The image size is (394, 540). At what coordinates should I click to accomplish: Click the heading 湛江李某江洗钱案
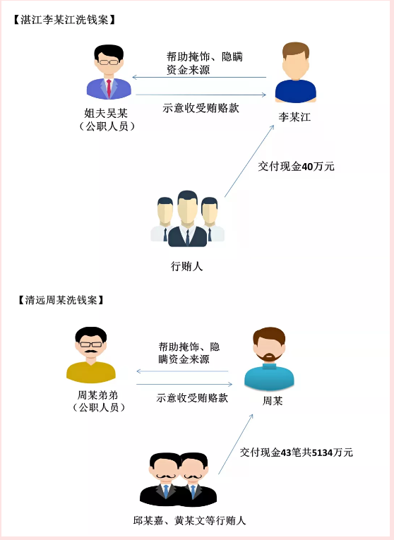tap(64, 20)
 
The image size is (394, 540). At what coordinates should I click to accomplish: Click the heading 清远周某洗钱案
tap(61, 300)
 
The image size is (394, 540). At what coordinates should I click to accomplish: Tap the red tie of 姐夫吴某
tap(109, 88)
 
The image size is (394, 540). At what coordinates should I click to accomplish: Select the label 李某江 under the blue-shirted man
tap(294, 117)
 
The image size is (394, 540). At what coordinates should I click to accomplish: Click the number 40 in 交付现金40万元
tap(307, 167)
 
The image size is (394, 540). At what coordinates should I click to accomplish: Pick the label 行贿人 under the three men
tap(186, 266)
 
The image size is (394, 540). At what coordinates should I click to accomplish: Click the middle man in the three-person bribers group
tap(187, 218)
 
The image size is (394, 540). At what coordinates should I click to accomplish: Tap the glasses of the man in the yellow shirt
tap(91, 344)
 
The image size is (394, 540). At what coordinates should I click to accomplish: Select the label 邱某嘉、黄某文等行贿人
tap(189, 520)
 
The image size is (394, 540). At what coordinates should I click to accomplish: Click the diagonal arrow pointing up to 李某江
tap(249, 161)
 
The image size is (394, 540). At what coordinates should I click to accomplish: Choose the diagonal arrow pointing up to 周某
tap(236, 444)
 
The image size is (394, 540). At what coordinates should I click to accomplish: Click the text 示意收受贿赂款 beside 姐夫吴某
tap(201, 108)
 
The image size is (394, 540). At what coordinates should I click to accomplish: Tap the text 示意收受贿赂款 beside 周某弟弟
tap(192, 398)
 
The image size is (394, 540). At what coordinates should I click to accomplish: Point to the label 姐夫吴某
tap(106, 114)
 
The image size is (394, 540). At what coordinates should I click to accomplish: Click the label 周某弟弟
tap(97, 395)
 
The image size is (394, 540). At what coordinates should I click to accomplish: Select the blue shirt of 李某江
tap(295, 91)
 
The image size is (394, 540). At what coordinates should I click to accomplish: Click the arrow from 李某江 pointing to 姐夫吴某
tap(199, 77)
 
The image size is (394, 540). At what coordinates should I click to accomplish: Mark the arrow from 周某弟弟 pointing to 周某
tap(184, 384)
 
